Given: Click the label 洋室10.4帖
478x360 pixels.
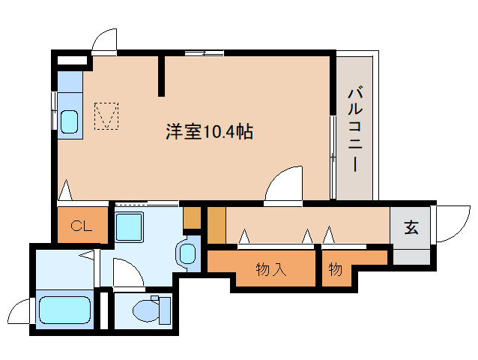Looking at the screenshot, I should pos(208,133).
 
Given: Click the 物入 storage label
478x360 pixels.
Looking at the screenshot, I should pos(270,269).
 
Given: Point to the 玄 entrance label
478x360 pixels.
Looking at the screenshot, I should pos(411,227).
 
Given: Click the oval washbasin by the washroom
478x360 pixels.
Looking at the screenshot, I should pos(185,253).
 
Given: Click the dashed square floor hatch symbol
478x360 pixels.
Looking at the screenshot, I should pos(106,115).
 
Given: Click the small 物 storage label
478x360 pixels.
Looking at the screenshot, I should pos(335,269).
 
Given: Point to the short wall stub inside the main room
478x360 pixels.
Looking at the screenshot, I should pos(161,75).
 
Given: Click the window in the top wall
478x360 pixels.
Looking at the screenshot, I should pos(204,52).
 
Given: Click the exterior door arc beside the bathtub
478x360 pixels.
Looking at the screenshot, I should pos(20,309).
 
